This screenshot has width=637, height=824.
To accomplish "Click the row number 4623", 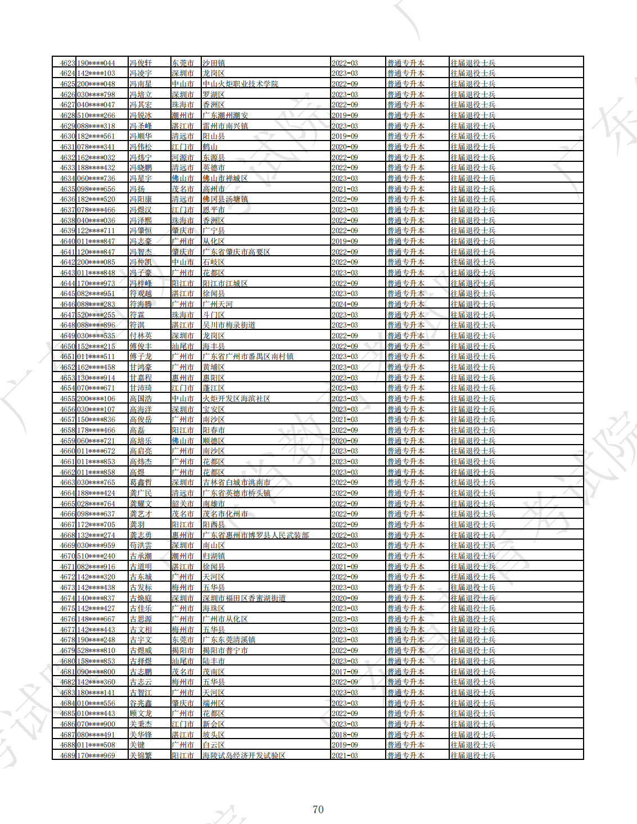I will tap(67, 63).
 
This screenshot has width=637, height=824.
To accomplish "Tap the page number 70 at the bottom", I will tap(318, 809).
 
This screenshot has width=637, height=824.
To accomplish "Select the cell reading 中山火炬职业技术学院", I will tap(240, 84).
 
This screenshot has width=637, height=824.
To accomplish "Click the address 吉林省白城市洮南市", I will tap(236, 482).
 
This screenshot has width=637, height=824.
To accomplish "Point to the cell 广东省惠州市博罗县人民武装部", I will tap(255, 535).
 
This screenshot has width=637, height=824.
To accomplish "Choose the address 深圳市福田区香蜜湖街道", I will tap(244, 598).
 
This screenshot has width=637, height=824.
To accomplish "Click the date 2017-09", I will tap(345, 672).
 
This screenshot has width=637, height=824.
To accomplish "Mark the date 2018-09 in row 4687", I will tap(345, 735).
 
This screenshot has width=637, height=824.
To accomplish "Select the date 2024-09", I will tap(345, 304).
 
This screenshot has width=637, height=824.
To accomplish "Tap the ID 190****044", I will tap(96, 63).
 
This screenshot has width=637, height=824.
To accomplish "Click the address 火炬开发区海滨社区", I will tap(236, 399).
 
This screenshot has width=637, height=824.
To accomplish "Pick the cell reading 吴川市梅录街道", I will tap(229, 325).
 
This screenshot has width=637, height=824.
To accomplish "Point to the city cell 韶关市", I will tap(183, 504).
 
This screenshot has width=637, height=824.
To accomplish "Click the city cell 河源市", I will tap(183, 157).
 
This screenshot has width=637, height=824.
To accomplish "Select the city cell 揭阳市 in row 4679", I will tap(183, 650).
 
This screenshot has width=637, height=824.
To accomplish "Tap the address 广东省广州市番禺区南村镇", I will tap(248, 356).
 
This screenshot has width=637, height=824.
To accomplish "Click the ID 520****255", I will tap(96, 315).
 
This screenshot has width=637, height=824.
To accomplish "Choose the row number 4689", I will tap(67, 755).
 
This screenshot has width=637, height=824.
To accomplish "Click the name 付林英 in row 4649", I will tap(141, 336).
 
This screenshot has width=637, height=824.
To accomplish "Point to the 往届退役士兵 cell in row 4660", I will tap(473, 451).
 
